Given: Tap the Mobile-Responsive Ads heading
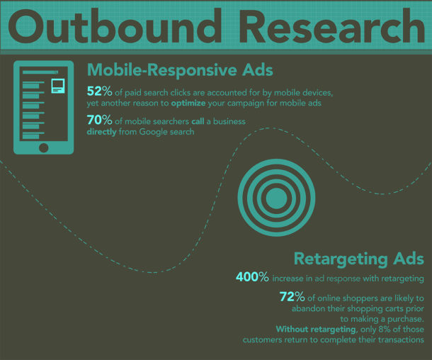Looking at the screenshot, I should click(x=180, y=71).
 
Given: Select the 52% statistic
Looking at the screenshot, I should click(x=99, y=91).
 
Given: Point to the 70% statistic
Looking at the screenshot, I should click(x=99, y=121).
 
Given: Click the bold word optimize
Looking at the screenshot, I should click(x=190, y=103).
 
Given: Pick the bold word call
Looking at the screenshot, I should click(x=198, y=121).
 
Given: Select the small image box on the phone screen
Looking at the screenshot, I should click(x=58, y=87).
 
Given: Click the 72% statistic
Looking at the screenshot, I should click(x=292, y=298).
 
